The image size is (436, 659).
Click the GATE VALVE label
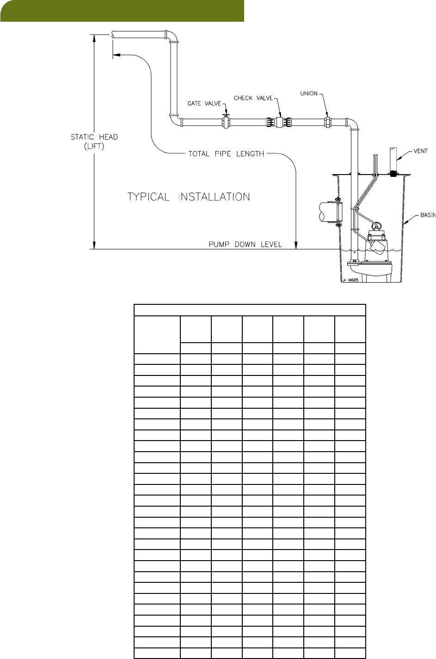click(x=204, y=103)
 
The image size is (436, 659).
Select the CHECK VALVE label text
click(x=253, y=98)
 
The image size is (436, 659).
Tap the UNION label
click(x=309, y=94)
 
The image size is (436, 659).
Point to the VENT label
click(x=420, y=151)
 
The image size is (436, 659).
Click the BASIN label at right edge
click(x=427, y=215)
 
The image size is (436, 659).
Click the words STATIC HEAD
click(x=94, y=137)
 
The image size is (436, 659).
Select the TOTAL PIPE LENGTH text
click(x=226, y=154)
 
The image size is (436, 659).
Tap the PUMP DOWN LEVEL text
click(x=245, y=244)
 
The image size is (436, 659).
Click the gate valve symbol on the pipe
click(x=226, y=121)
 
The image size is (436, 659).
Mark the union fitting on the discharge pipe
click(x=328, y=122)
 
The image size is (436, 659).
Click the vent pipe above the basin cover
click(x=393, y=159)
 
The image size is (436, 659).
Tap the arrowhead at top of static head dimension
click(x=94, y=38)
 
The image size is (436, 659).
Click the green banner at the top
click(x=122, y=11)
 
